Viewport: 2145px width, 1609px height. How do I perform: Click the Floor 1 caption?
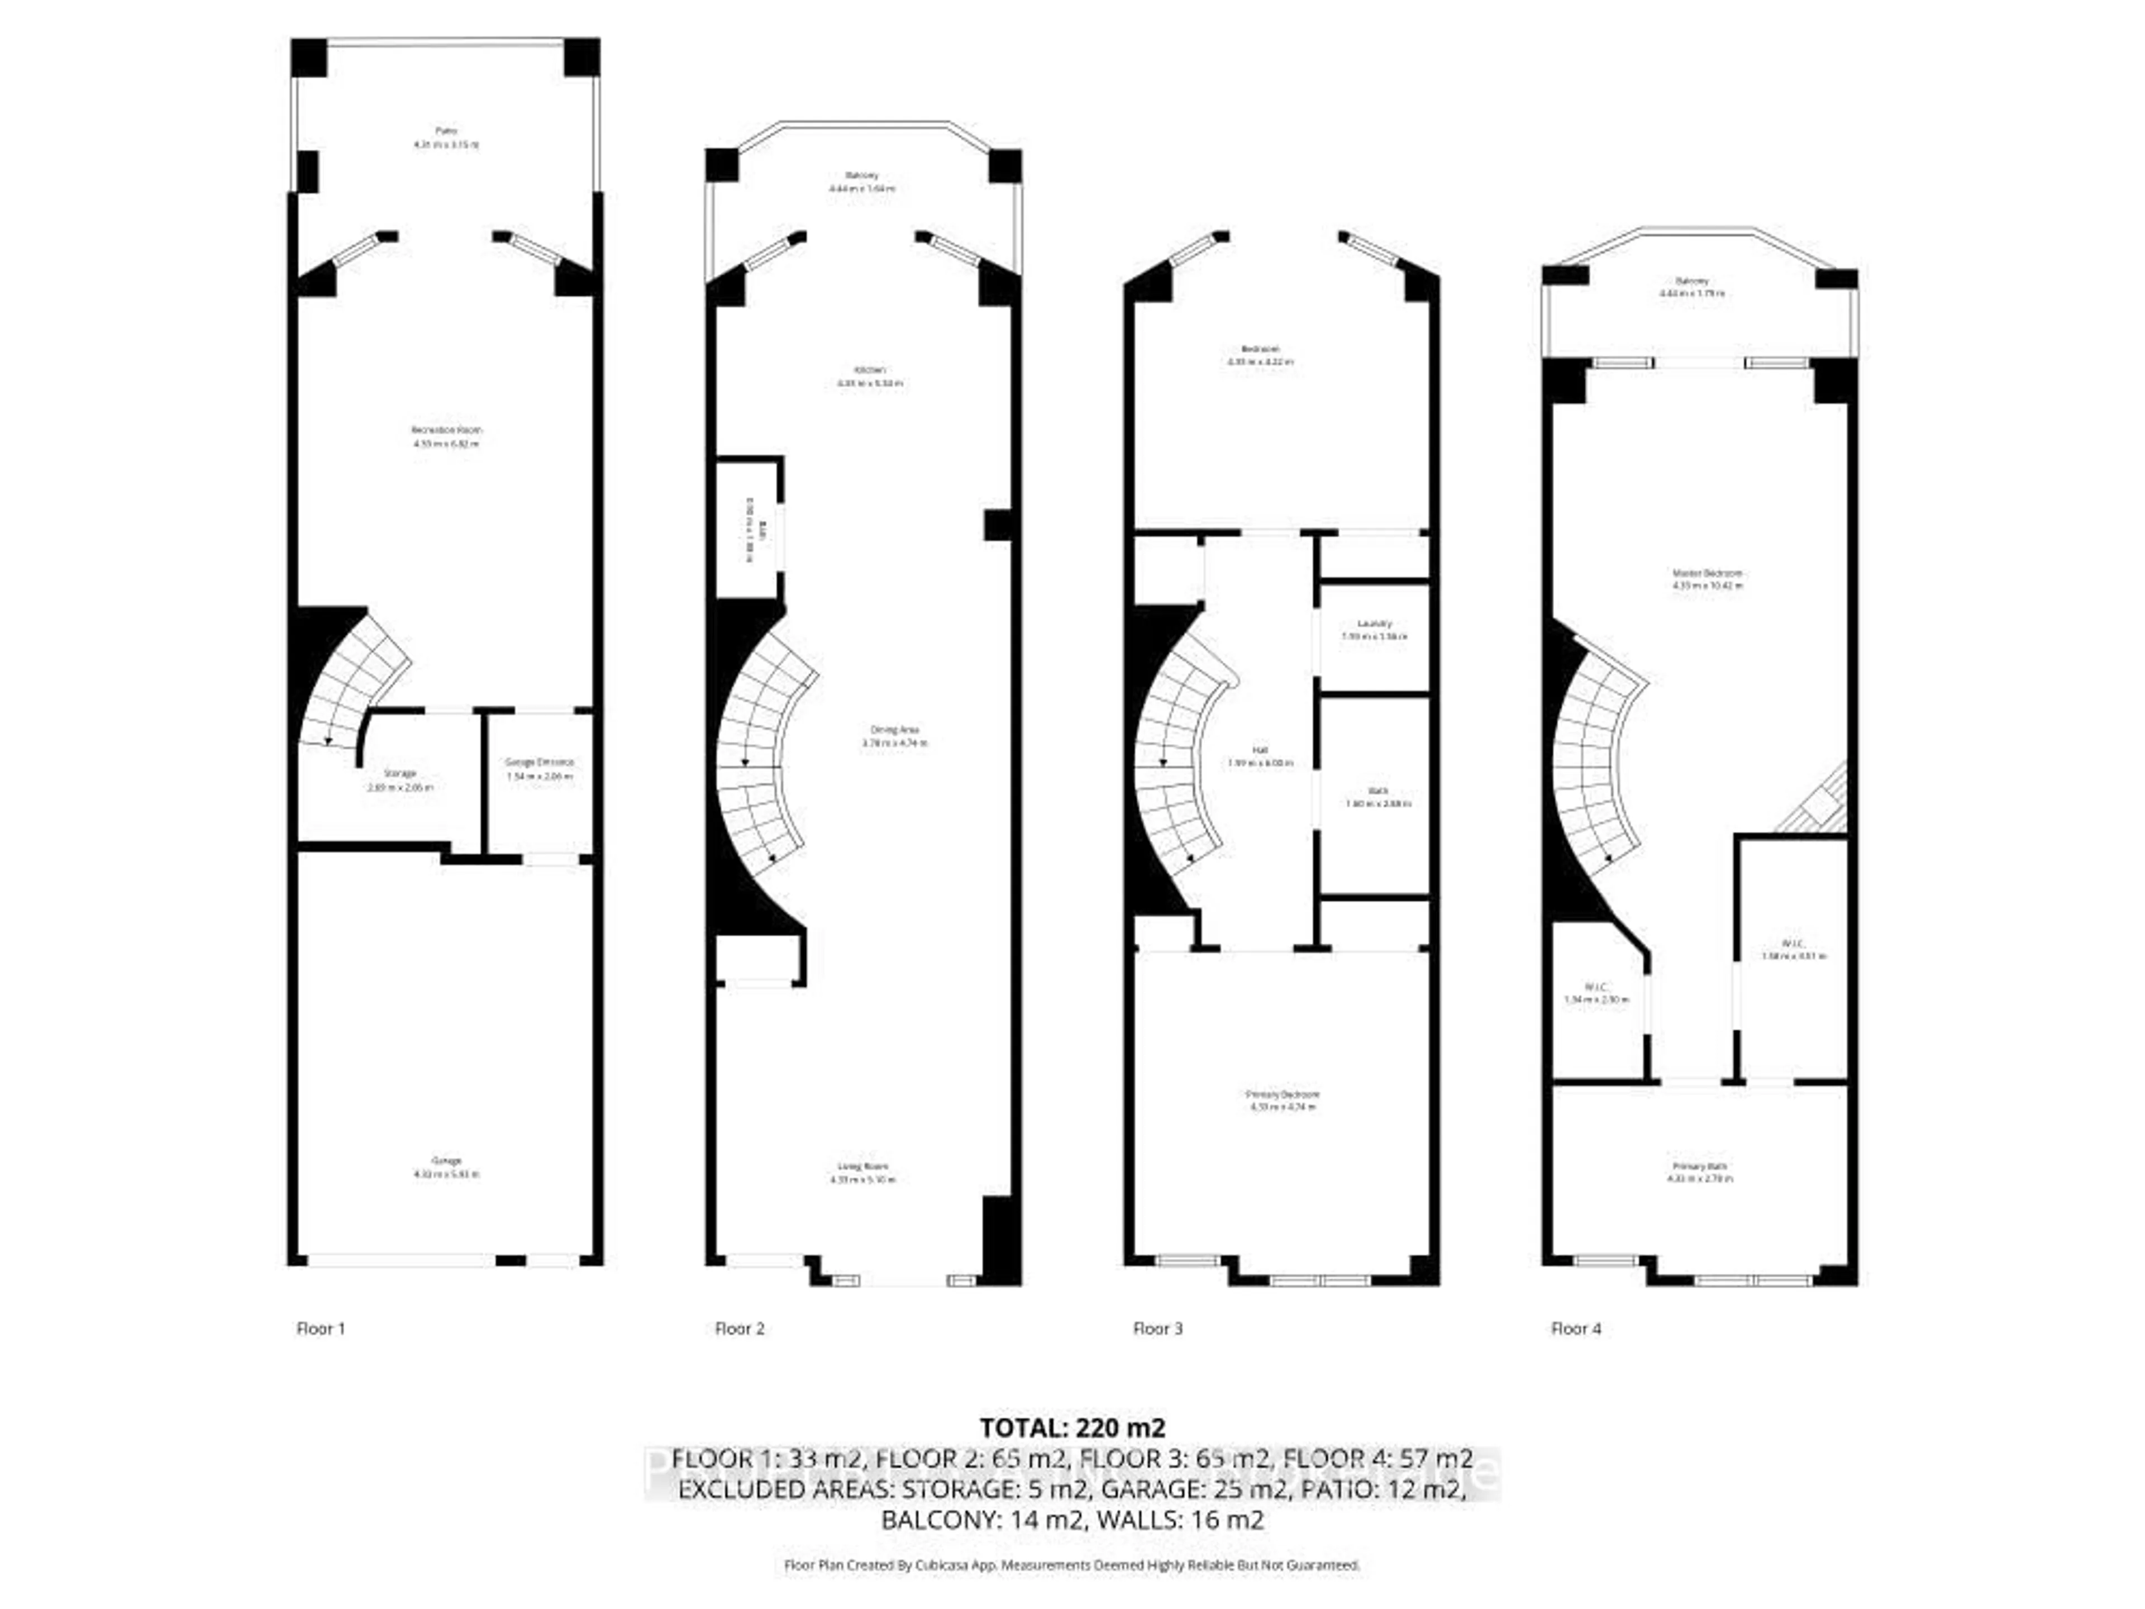pyautogui.click(x=320, y=1329)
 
